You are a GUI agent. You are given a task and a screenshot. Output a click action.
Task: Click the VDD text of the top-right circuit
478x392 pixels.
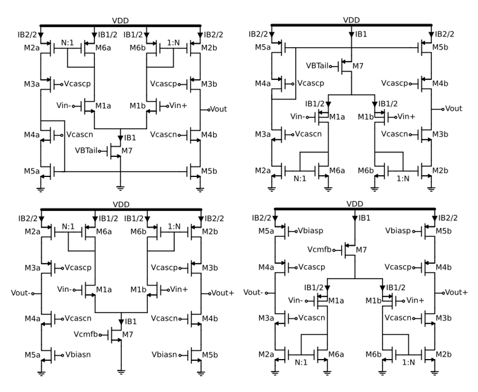click(x=351, y=20)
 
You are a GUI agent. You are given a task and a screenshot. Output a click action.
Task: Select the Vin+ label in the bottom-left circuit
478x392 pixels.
click(x=181, y=290)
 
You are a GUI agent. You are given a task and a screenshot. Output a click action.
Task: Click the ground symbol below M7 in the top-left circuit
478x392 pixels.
click(x=121, y=187)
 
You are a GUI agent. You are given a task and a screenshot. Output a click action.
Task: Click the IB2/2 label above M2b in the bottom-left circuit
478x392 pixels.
click(x=214, y=218)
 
